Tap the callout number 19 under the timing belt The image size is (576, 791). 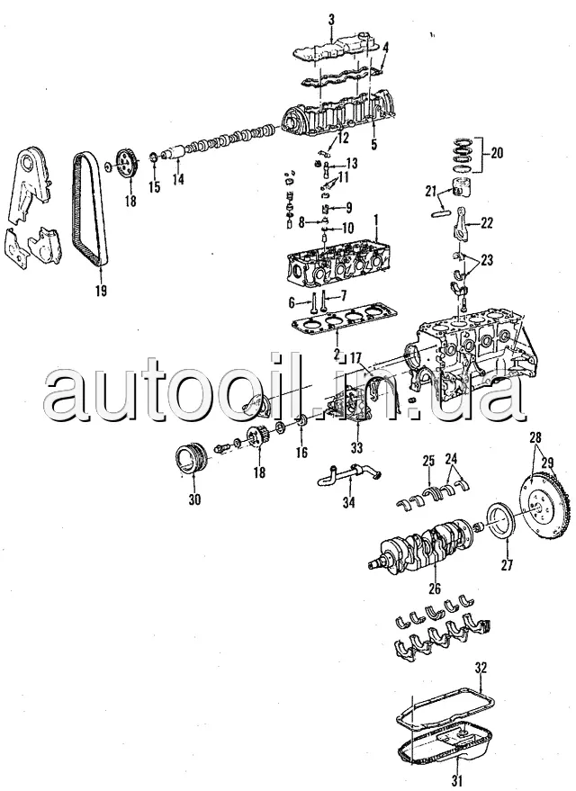pos(100,290)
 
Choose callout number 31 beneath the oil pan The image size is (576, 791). pos(458,779)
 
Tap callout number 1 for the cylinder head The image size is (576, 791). pos(376,220)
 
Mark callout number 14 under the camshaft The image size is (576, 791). pos(178,179)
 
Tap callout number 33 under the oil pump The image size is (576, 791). pos(356,447)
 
